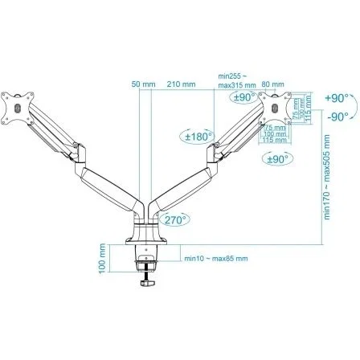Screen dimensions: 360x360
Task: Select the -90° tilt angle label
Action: point(338,116)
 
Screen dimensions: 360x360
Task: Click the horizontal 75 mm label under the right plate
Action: point(276,127)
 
